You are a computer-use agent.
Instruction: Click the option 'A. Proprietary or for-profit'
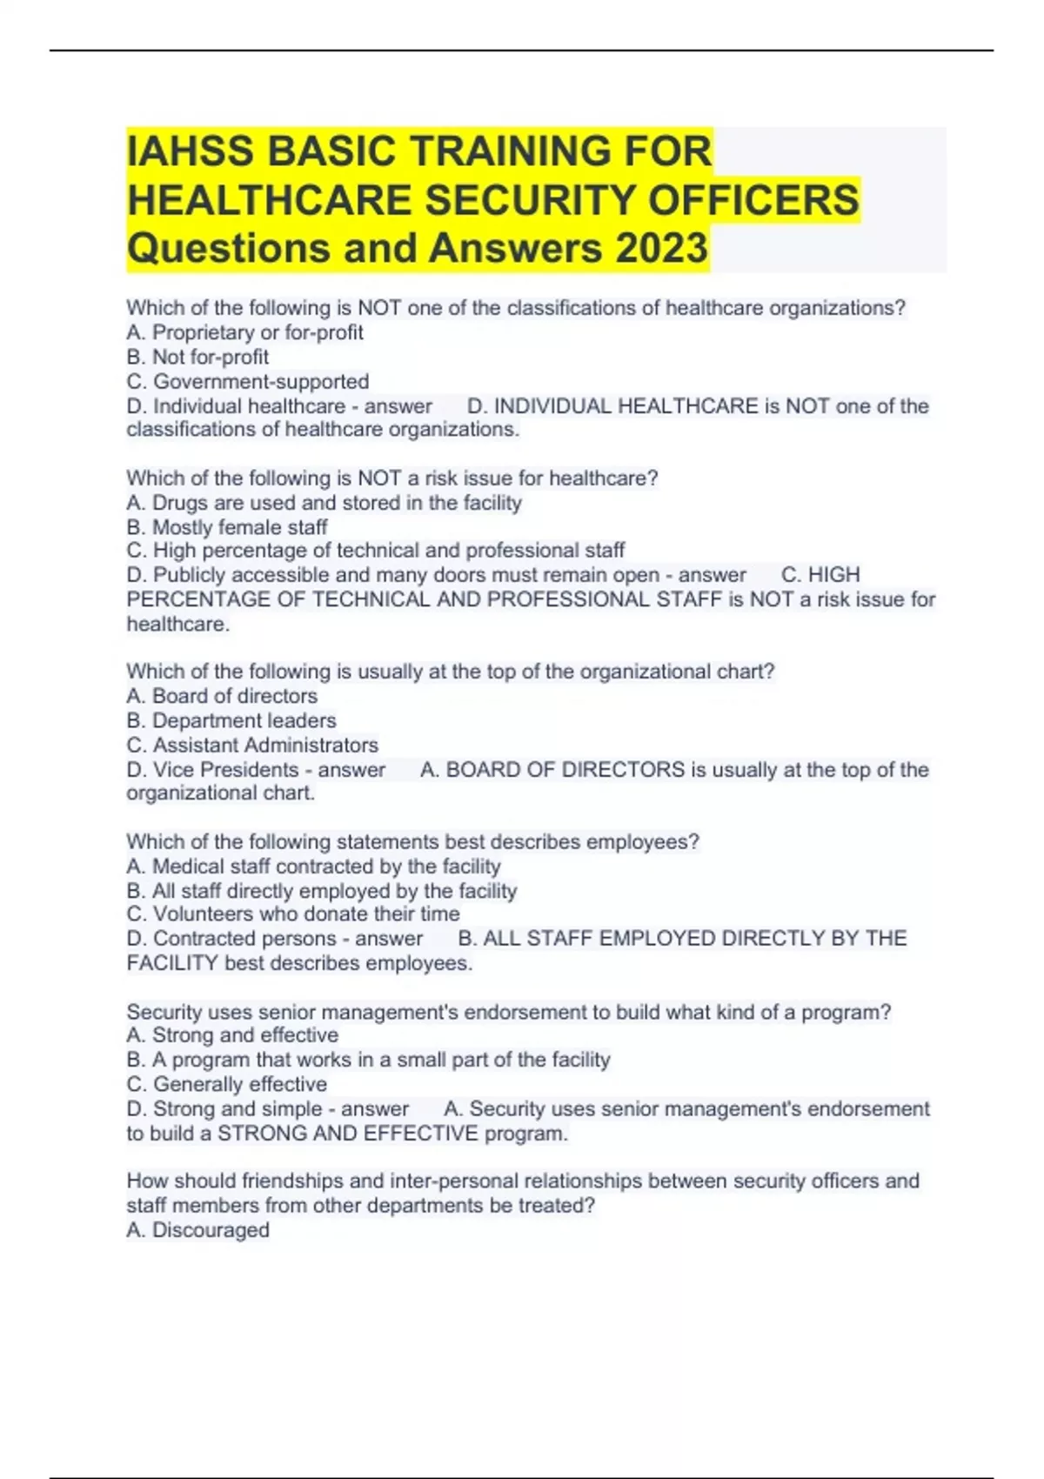[244, 332]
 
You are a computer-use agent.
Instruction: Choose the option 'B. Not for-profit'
[197, 357]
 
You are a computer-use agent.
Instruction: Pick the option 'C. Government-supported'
[248, 381]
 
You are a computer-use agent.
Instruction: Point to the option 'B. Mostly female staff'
[227, 527]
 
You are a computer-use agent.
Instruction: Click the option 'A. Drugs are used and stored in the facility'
[324, 503]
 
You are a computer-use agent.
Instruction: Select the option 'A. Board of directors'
[222, 696]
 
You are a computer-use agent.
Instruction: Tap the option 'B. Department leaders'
[231, 720]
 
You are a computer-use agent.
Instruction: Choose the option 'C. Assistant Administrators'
[252, 745]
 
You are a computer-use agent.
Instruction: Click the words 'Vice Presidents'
[226, 770]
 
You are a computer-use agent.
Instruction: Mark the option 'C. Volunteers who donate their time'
[293, 913]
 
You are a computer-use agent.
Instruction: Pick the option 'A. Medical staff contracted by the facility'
[313, 867]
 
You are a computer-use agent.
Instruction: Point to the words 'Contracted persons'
[244, 939]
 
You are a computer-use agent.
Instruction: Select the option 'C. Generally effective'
[227, 1084]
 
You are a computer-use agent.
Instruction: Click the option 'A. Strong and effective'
[232, 1035]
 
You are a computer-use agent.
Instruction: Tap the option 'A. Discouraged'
[198, 1230]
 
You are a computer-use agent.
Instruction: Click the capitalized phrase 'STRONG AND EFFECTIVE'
[348, 1134]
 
